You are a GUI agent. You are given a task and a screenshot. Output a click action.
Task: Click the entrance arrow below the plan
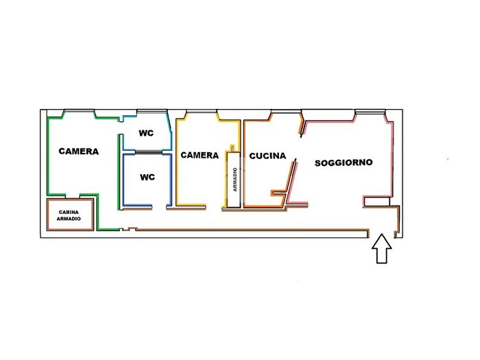tap(382, 248)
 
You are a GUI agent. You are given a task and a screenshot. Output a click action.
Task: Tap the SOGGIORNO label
tap(344, 163)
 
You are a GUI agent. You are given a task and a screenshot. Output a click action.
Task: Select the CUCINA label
tap(267, 156)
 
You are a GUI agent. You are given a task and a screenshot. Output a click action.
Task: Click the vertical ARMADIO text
tap(235, 180)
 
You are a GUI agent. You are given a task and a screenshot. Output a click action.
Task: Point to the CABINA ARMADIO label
tap(69, 215)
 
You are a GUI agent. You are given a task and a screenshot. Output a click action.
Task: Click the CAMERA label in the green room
tap(79, 152)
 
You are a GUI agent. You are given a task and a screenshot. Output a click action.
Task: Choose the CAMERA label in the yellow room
tap(200, 155)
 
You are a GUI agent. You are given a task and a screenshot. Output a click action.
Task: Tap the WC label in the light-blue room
tap(146, 133)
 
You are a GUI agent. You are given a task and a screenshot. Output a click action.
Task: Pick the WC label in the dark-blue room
tap(147, 177)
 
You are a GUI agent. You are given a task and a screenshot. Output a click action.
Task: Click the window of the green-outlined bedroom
tap(79, 111)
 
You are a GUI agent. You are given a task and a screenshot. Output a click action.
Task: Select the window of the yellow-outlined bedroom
tap(202, 111)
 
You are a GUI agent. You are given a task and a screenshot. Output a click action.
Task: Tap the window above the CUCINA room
tap(286, 111)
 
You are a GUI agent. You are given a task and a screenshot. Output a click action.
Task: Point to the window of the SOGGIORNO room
tap(370, 112)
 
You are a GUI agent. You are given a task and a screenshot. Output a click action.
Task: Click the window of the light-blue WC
tap(152, 111)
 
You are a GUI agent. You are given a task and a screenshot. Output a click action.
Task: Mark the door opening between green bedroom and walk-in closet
tap(73, 196)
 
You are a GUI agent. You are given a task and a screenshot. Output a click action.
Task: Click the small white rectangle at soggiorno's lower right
tap(377, 202)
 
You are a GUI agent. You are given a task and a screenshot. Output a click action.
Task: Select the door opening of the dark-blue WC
tap(159, 207)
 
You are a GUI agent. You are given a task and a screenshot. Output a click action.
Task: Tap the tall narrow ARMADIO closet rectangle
tap(234, 180)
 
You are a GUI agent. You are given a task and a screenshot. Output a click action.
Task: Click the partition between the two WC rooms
tap(149, 152)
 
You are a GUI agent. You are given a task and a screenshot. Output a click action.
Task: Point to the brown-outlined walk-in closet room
tap(70, 215)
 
